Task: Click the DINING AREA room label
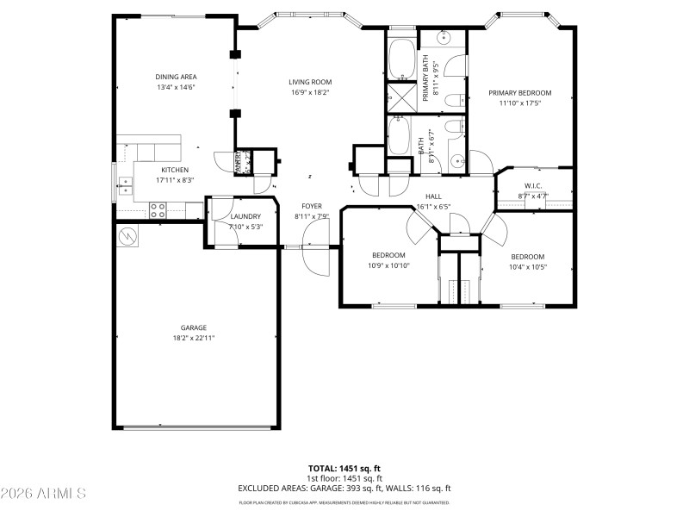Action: coord(176,77)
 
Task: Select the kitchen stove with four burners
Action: coord(158,208)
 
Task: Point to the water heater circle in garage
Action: coord(128,235)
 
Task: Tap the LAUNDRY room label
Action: coord(245,216)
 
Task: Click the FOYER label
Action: coord(311,206)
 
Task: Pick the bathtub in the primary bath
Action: coord(401,59)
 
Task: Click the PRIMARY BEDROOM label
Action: coord(519,93)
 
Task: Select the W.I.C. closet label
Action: coord(532,186)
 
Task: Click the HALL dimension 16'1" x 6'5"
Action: coord(433,207)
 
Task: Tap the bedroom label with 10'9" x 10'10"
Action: coord(388,265)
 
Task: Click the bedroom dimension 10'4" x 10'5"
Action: coord(527,266)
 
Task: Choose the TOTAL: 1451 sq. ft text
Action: coord(344,468)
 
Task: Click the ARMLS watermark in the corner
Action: coord(43,494)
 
